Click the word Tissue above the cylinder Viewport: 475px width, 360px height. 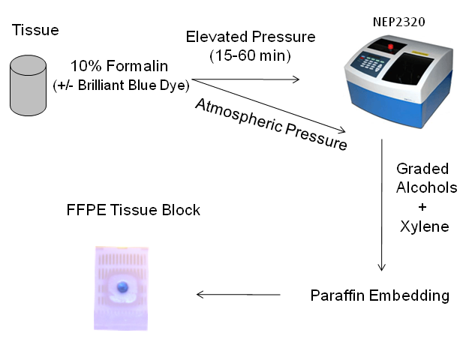click(x=35, y=31)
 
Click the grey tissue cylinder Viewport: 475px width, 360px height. click(x=28, y=85)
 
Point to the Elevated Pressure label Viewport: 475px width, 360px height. click(x=251, y=37)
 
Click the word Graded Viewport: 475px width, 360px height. click(x=423, y=169)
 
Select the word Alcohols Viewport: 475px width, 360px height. click(x=426, y=187)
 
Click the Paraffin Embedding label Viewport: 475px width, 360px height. click(x=380, y=295)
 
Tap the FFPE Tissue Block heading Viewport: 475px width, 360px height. click(x=134, y=210)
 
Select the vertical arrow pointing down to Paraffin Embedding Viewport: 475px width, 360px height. click(x=382, y=203)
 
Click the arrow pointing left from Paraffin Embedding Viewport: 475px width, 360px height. click(x=238, y=295)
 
